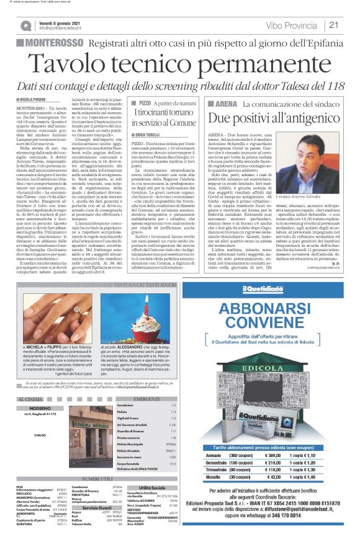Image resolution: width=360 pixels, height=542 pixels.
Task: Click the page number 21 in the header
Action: (334, 25)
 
